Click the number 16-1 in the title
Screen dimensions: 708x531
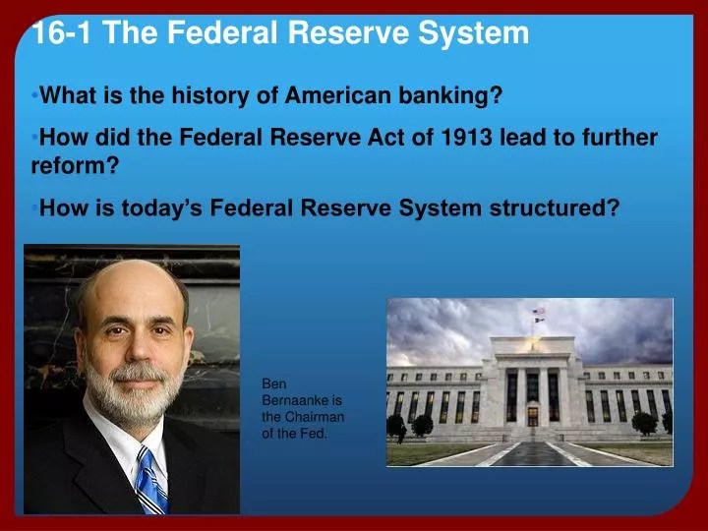pos(62,32)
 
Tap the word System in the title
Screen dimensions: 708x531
pos(473,33)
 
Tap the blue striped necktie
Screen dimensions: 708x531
pos(150,481)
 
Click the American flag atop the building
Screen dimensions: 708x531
pos(538,311)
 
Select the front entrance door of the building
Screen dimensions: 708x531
pos(533,416)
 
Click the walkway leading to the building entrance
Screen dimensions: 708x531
pos(533,453)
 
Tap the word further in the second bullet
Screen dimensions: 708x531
pos(619,138)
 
